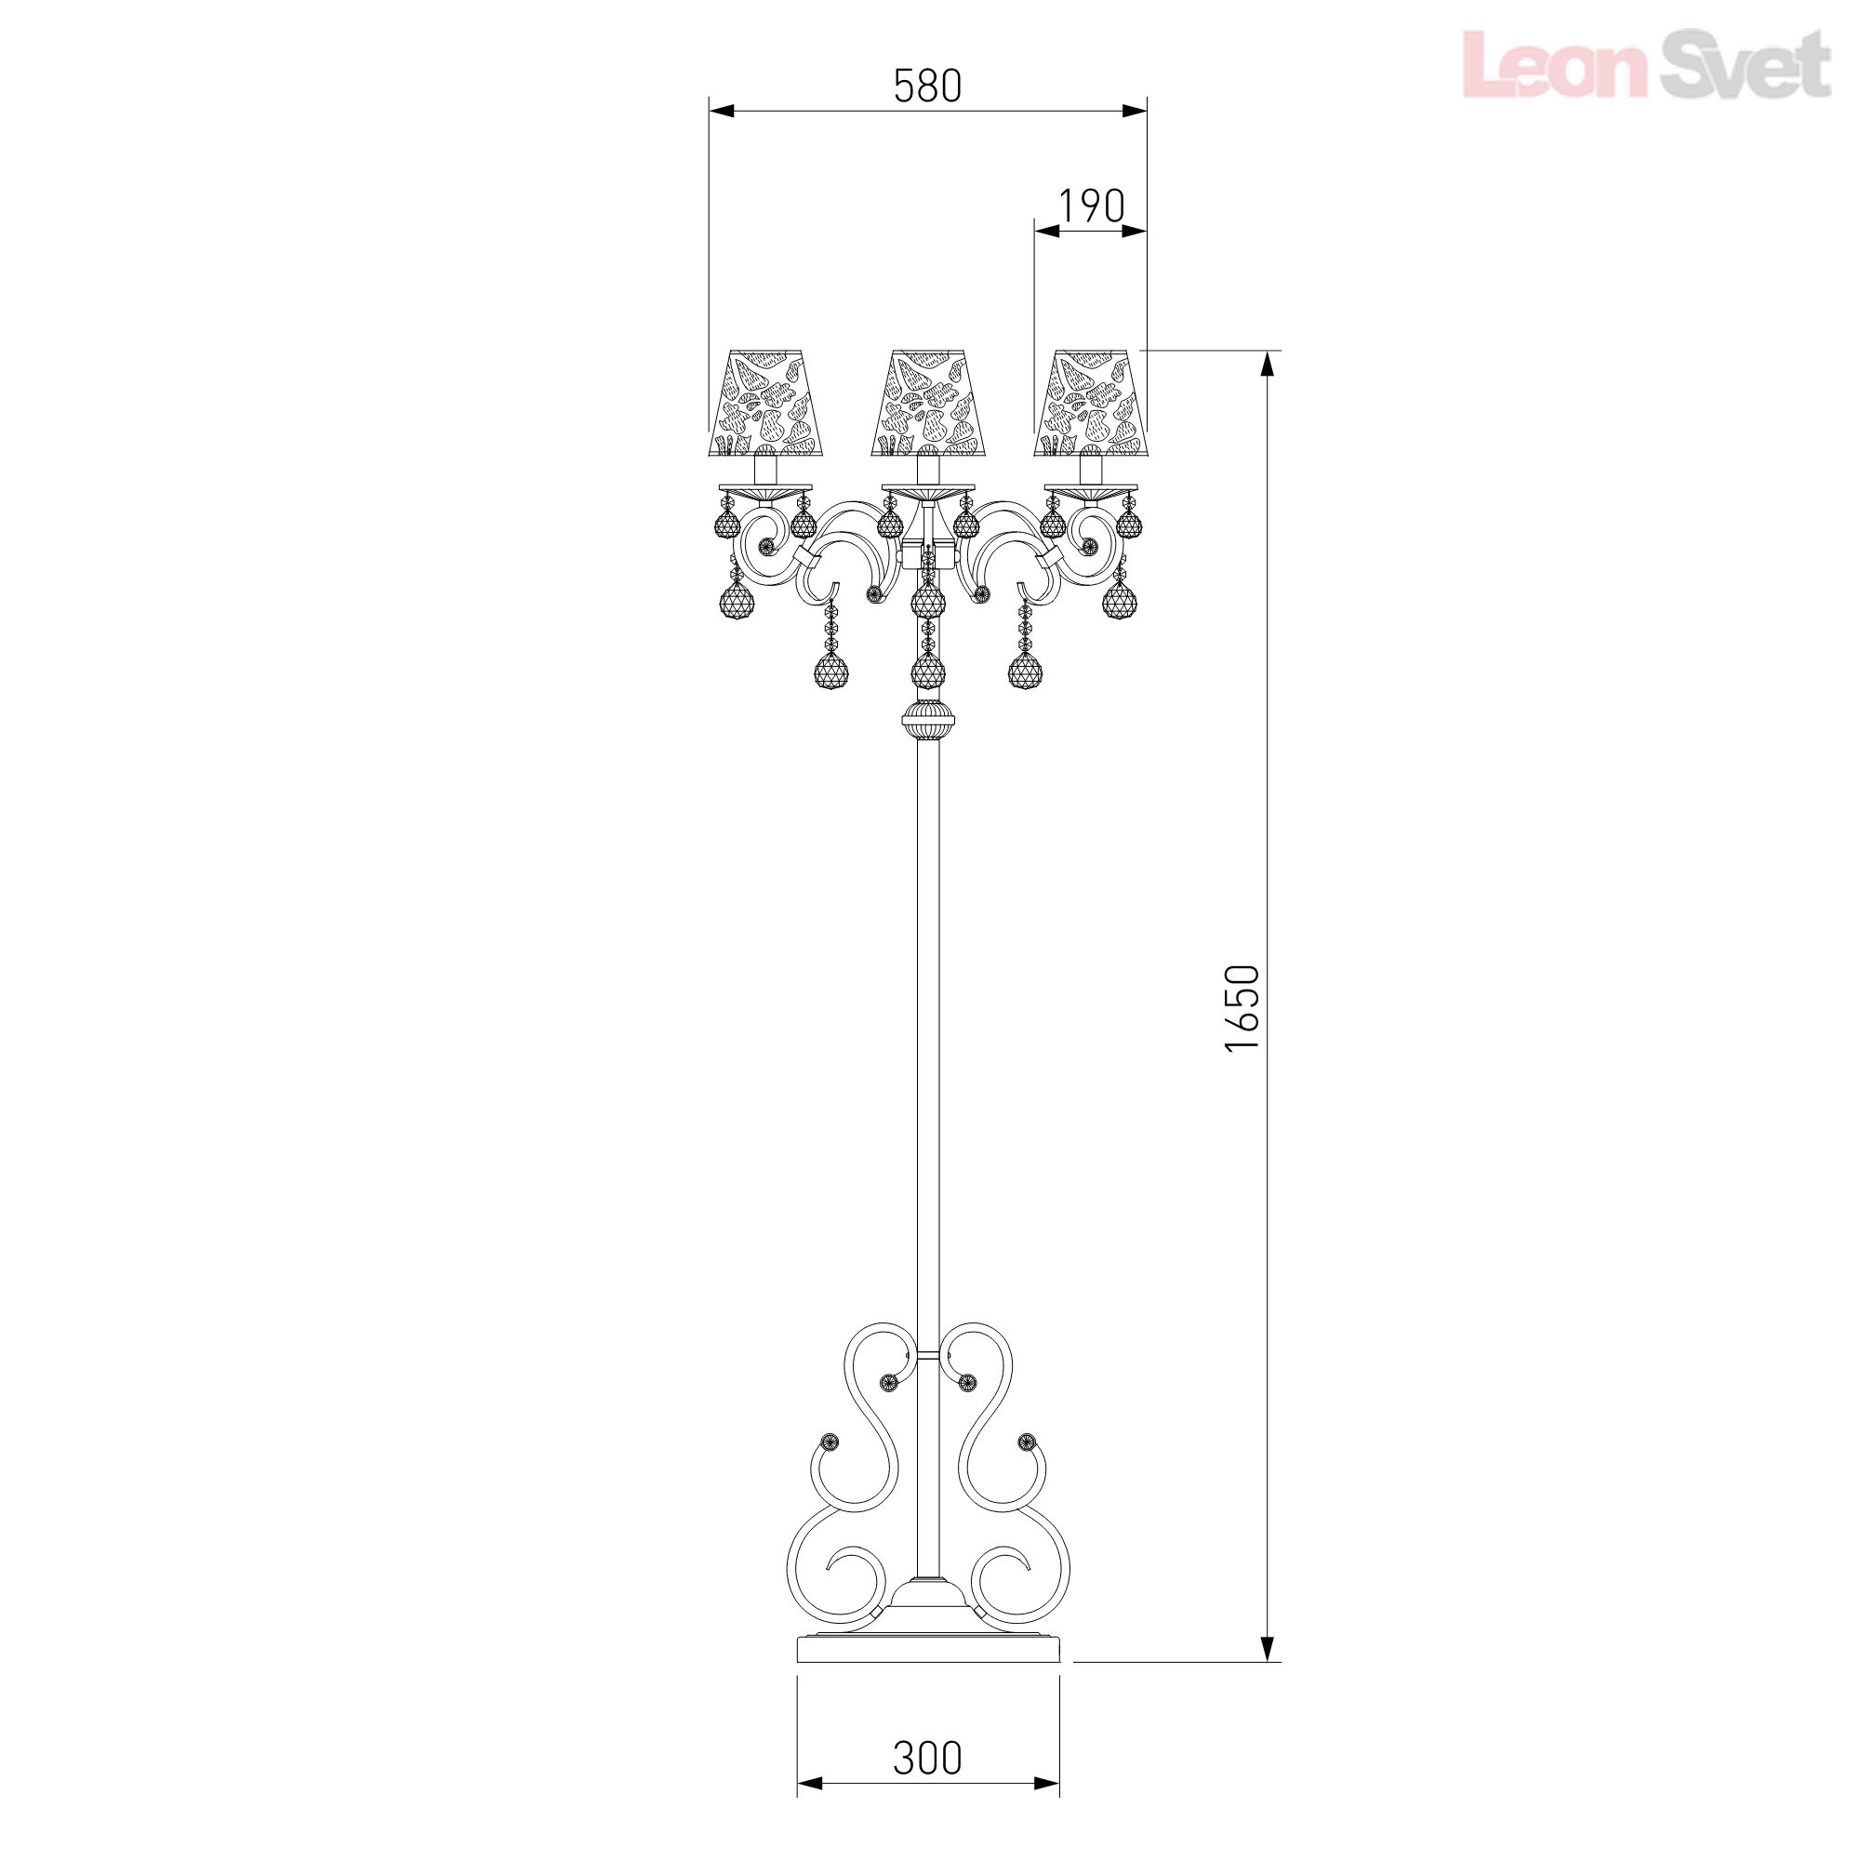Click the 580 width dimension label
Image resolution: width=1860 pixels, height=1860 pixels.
(927, 86)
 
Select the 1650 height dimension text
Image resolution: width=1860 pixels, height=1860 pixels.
(1242, 1007)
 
